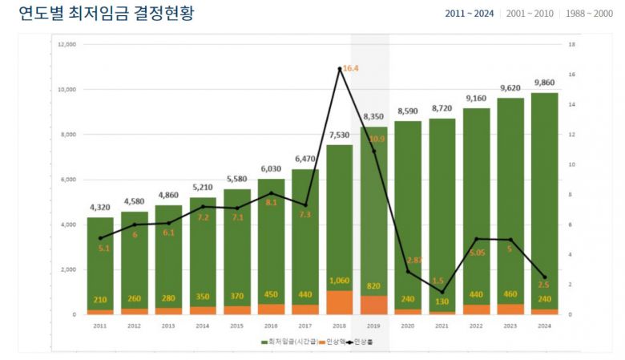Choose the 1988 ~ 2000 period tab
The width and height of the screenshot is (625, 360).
pos(591,14)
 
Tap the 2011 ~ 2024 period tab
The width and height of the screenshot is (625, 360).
pos(470,14)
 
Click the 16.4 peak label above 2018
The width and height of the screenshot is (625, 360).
pos(350,69)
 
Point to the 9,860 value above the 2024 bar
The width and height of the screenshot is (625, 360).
pos(544,83)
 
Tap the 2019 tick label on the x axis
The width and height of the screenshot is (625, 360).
pos(373,326)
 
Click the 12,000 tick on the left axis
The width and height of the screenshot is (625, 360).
pos(67,45)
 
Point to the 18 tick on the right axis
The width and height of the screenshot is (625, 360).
pos(572,45)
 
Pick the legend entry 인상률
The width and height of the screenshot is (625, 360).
pos(368,342)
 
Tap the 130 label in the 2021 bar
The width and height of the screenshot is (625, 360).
pos(442,301)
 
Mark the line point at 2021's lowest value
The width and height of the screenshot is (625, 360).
pos(442,292)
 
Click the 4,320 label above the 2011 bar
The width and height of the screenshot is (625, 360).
pos(100,208)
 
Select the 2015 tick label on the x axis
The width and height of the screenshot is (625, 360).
pos(236,326)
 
